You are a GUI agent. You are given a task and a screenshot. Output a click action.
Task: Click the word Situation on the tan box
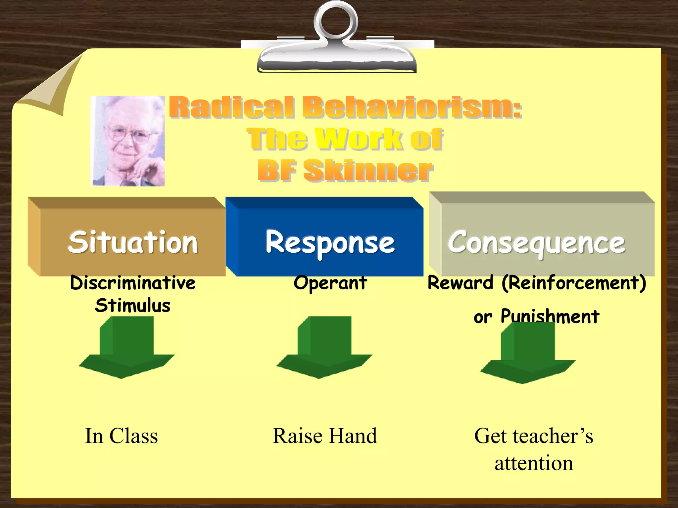coord(133,242)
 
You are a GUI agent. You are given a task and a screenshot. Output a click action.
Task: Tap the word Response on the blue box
coord(330,242)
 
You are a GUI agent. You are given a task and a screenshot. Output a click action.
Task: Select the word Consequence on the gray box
coord(536,242)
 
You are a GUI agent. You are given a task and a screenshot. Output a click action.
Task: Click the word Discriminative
coord(133,283)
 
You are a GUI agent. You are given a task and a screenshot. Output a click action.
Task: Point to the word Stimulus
coord(133,305)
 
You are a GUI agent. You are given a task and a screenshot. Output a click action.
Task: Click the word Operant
coord(330,283)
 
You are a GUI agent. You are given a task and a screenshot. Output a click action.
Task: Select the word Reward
coord(460,283)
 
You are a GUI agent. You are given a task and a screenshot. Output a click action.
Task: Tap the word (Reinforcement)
coord(573,283)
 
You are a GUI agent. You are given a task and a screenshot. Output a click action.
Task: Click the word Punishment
coord(550,316)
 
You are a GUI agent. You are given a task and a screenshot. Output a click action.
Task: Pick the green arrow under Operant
coord(324,351)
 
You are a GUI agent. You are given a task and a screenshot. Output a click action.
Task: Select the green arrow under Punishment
coord(528,356)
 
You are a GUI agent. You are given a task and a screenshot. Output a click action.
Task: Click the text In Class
coord(121,436)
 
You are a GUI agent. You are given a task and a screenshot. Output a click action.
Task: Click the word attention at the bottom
coord(534,463)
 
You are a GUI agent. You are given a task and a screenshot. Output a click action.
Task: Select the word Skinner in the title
coord(367,170)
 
